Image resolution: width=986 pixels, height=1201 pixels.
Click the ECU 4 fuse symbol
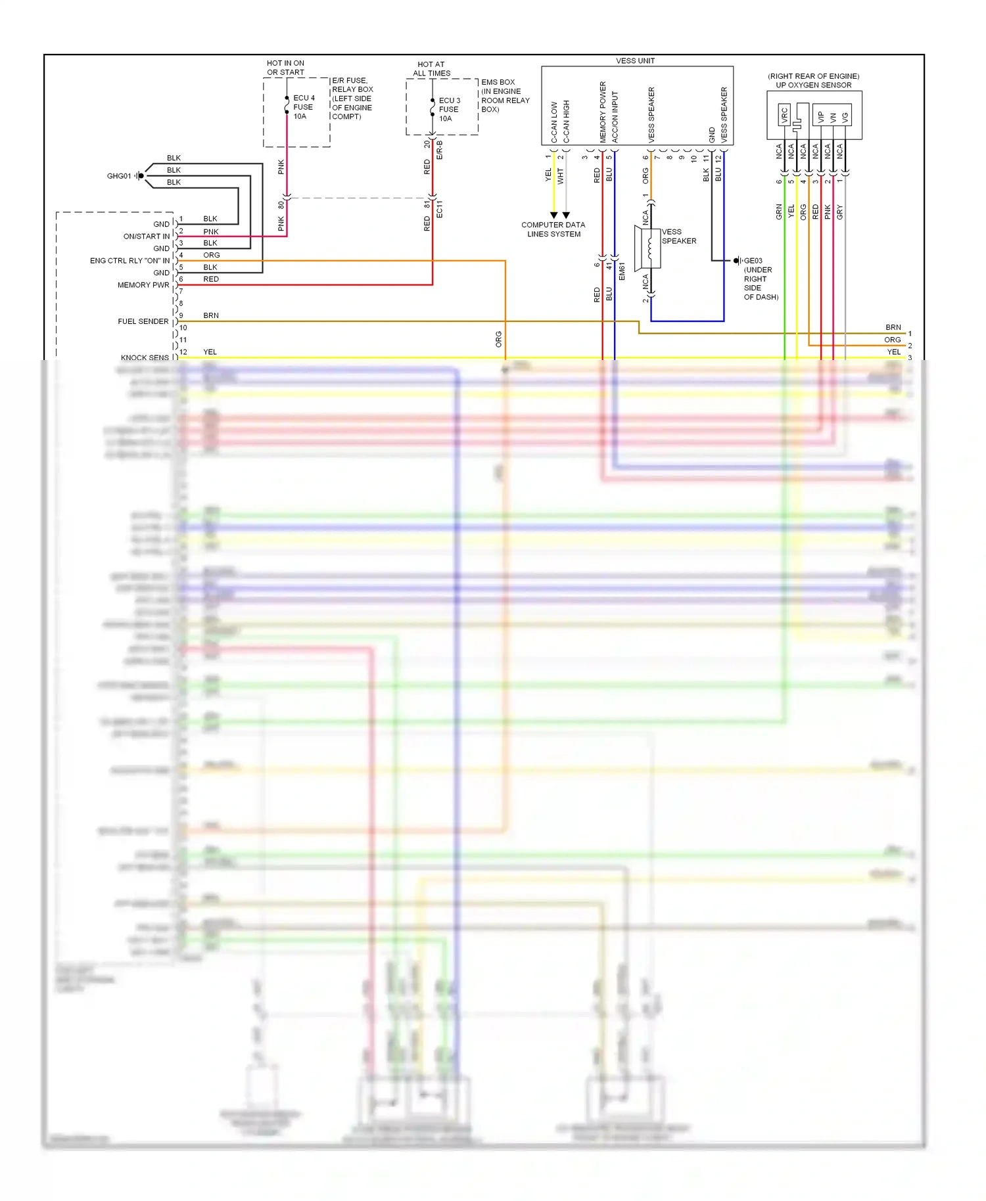click(x=287, y=106)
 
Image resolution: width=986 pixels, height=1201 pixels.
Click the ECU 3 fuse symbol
click(x=432, y=108)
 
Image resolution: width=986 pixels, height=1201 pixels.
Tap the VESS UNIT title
click(x=635, y=61)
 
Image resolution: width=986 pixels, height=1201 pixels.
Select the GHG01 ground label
click(x=119, y=176)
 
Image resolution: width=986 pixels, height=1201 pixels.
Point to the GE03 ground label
click(x=753, y=261)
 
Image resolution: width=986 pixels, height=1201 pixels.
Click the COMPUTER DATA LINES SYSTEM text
click(x=553, y=229)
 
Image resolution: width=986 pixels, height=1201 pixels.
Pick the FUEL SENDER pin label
click(x=143, y=321)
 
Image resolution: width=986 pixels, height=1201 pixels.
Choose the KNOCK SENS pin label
click(x=145, y=358)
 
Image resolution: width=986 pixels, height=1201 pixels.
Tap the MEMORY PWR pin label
click(x=143, y=285)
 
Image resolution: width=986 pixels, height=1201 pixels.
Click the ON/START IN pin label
click(x=146, y=237)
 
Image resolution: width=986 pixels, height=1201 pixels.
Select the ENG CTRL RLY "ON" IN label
click(x=129, y=261)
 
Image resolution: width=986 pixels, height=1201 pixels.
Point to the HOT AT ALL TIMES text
click(x=431, y=69)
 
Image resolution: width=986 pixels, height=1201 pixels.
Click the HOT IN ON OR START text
click(x=285, y=68)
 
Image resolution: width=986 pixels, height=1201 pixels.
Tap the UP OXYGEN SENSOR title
click(x=813, y=85)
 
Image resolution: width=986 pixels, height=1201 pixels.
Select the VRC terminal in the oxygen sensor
click(x=784, y=116)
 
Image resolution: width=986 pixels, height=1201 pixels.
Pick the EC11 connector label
click(x=440, y=209)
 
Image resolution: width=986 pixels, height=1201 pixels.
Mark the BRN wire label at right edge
click(x=893, y=327)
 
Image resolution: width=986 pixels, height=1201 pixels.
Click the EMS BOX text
click(x=498, y=82)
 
